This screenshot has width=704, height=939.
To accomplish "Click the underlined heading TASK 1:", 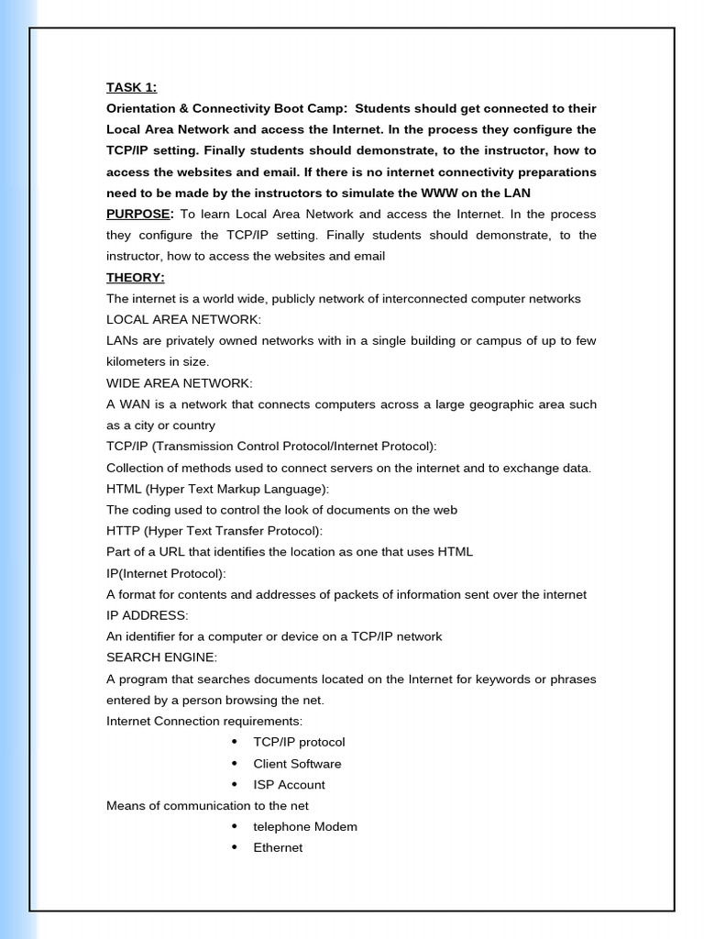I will pyautogui.click(x=131, y=88).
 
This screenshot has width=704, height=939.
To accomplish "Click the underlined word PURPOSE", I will pyautogui.click(x=138, y=215).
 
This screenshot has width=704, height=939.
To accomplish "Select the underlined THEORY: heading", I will pyautogui.click(x=135, y=278).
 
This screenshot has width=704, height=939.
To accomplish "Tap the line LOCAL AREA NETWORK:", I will pyautogui.click(x=183, y=320).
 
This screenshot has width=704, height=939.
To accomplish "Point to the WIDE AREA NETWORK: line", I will pyautogui.click(x=180, y=383).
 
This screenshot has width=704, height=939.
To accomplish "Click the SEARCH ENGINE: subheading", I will pyautogui.click(x=162, y=657).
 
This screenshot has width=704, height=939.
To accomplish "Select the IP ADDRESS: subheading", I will pyautogui.click(x=147, y=615).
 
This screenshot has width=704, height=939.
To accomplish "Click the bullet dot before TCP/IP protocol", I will pyautogui.click(x=236, y=742).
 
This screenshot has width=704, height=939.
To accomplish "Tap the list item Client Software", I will pyautogui.click(x=297, y=764).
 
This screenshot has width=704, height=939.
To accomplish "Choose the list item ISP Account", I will pyautogui.click(x=289, y=785).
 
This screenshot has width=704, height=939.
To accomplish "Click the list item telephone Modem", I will pyautogui.click(x=305, y=827).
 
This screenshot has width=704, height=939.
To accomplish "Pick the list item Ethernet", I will pyautogui.click(x=278, y=848).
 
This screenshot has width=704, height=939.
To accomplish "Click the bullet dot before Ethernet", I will pyautogui.click(x=236, y=848).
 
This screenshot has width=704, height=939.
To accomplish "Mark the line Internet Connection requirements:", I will pyautogui.click(x=204, y=722).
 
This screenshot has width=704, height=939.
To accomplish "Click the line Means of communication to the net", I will pyautogui.click(x=207, y=806).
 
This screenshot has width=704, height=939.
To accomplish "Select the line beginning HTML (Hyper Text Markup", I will pyautogui.click(x=217, y=489).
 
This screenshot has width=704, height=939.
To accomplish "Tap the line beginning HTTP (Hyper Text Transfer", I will pyautogui.click(x=214, y=531).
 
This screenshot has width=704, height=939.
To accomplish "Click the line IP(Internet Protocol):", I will pyautogui.click(x=166, y=573).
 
